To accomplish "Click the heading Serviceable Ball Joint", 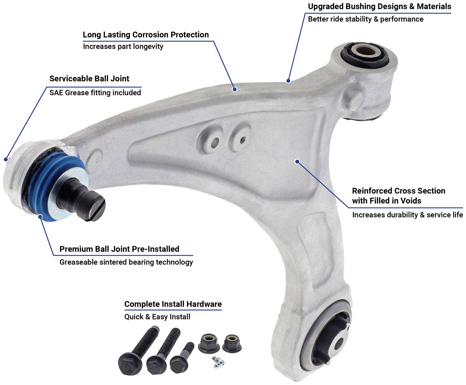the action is pyautogui.click(x=89, y=79).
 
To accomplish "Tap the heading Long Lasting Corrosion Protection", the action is pyautogui.click(x=146, y=35).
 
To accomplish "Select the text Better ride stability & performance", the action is pyautogui.click(x=366, y=19).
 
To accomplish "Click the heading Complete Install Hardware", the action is pyautogui.click(x=173, y=304).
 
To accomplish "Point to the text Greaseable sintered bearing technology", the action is pyautogui.click(x=126, y=262).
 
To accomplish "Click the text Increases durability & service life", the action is pyautogui.click(x=408, y=215).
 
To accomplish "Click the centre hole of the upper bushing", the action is pyautogui.click(x=366, y=51).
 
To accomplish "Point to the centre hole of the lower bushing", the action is pyautogui.click(x=339, y=343).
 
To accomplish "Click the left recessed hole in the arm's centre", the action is pyautogui.click(x=215, y=141).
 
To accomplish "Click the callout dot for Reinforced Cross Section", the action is pyautogui.click(x=297, y=161).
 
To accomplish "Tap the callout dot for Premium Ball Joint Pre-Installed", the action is pyautogui.click(x=40, y=216).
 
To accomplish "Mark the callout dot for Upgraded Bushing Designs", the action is pyautogui.click(x=288, y=81).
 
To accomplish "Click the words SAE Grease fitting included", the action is pyautogui.click(x=95, y=92).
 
